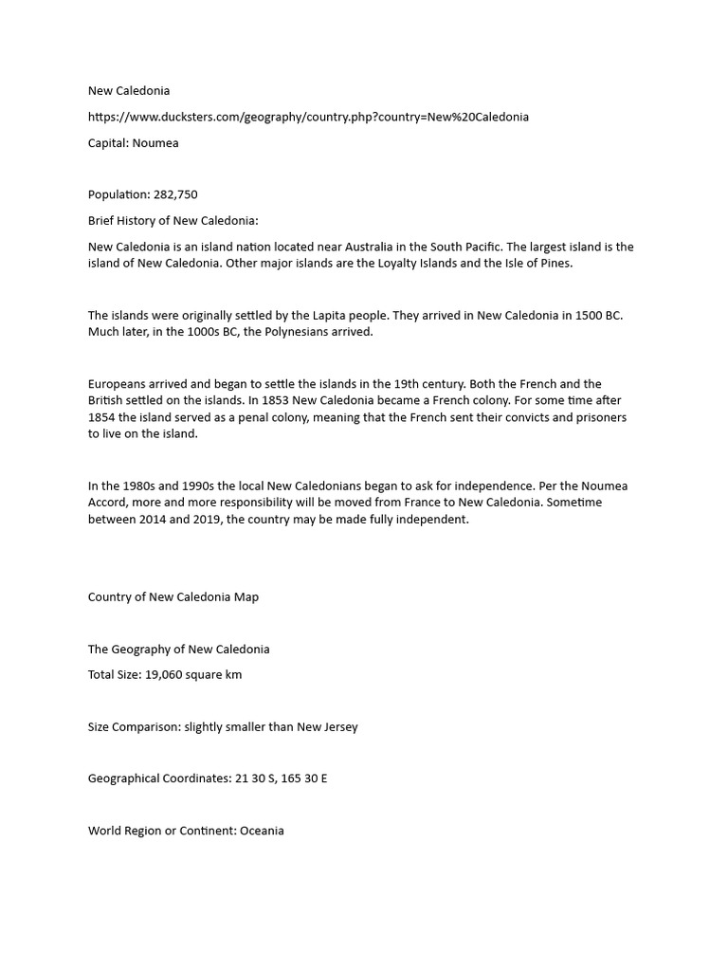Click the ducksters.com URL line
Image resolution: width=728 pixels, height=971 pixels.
(x=308, y=117)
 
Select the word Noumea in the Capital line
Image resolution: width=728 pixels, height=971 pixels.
(x=156, y=143)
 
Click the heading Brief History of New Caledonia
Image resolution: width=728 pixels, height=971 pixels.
(x=173, y=221)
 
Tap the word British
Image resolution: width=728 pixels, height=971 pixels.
(x=106, y=400)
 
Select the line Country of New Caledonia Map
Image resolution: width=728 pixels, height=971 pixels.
(x=173, y=597)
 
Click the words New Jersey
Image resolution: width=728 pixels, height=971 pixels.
(x=327, y=727)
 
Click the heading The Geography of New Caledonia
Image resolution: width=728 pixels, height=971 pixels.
(x=179, y=650)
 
